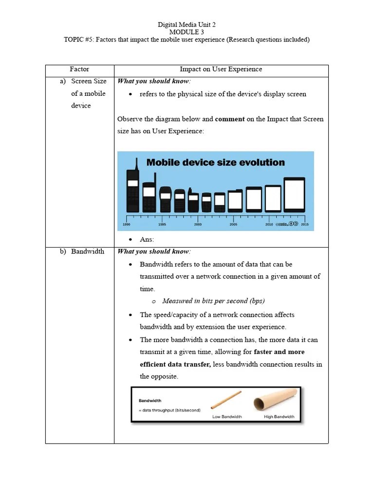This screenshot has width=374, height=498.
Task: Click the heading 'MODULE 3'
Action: coord(187,32)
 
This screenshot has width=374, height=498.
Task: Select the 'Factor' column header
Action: coord(79,69)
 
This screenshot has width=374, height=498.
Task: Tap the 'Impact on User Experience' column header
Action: coord(221,69)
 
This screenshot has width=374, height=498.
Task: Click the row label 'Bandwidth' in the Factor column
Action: coord(88,251)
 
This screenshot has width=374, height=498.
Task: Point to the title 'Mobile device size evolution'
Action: coord(216,162)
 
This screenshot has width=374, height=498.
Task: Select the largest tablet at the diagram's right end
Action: coord(294,195)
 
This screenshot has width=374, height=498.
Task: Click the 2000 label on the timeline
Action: coord(198,225)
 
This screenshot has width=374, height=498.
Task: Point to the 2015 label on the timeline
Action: coord(305,225)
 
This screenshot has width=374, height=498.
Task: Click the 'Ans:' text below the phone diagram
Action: coord(147,239)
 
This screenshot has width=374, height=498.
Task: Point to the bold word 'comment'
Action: coord(230,119)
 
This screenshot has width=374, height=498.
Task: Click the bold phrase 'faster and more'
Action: coord(280,352)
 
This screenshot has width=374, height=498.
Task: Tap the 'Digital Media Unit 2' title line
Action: coord(187,24)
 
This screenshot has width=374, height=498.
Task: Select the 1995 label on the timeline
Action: coord(162,225)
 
